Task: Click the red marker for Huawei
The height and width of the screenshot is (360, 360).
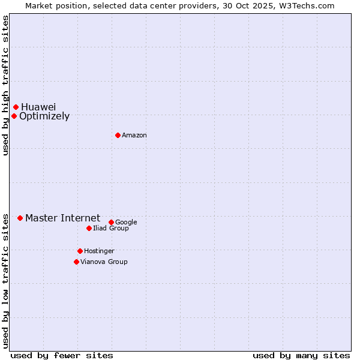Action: [x=16, y=107]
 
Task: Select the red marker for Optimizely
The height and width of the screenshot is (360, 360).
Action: [x=14, y=116]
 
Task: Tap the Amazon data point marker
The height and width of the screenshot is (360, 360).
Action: [x=118, y=135]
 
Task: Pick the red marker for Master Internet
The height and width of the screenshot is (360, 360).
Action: [x=20, y=218]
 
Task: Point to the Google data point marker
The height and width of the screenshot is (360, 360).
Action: [x=111, y=222]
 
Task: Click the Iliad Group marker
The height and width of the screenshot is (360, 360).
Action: [x=89, y=228]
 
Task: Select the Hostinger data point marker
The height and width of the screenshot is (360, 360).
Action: [x=80, y=251]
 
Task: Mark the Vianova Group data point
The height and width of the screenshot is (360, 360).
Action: [x=76, y=262]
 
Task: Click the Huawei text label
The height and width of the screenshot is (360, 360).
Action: [x=38, y=107]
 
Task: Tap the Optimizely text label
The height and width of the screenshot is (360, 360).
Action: [x=44, y=116]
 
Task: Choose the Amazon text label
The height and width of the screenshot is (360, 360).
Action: [x=134, y=136]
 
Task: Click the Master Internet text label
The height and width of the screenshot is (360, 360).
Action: [x=62, y=218]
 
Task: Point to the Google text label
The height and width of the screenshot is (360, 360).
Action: [x=126, y=223]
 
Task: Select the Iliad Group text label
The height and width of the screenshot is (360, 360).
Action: [x=111, y=229]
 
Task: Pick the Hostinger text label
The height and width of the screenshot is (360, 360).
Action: [x=99, y=251]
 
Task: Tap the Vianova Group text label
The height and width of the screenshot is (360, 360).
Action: [x=104, y=262]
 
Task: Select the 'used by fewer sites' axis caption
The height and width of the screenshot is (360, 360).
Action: [x=62, y=355]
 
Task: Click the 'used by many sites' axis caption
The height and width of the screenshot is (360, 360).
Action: [x=301, y=355]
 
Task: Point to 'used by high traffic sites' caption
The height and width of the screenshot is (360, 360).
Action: [x=5, y=86]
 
